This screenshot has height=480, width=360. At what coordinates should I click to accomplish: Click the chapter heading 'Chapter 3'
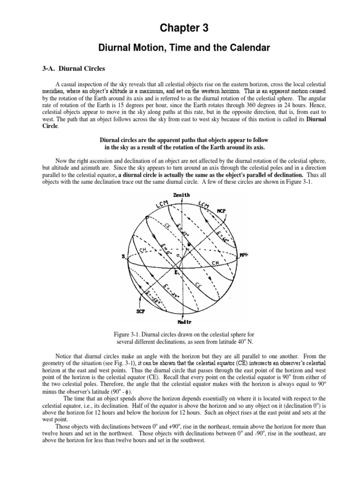(180, 29)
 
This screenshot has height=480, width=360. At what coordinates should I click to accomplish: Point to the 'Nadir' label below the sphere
(180, 322)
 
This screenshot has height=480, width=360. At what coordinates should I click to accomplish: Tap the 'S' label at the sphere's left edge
(123, 256)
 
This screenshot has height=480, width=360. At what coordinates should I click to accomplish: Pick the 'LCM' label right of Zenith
(204, 204)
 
